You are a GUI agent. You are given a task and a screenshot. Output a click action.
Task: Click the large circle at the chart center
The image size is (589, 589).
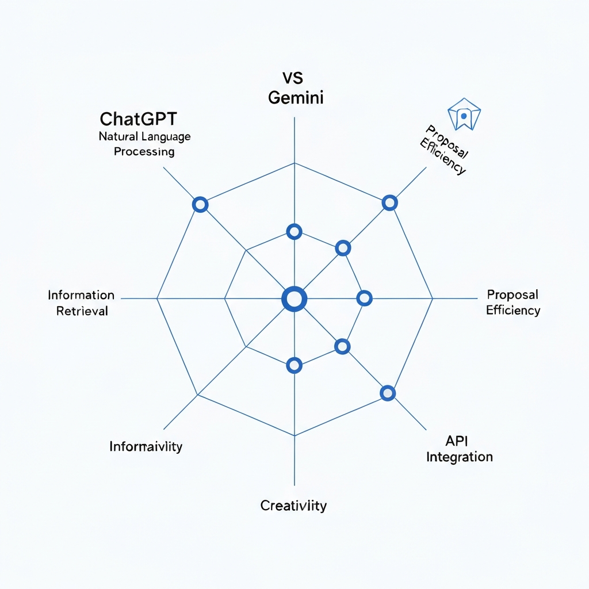(294, 299)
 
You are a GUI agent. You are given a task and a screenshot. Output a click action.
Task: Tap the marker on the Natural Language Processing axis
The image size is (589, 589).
(200, 204)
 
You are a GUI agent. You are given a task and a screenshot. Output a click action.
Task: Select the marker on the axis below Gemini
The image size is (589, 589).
(294, 232)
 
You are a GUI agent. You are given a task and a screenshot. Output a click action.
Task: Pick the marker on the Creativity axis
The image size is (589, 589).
(294, 365)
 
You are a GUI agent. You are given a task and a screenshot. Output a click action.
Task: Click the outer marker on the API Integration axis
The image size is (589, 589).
(388, 393)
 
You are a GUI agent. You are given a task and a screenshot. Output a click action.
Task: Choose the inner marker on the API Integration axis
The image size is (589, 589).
(342, 346)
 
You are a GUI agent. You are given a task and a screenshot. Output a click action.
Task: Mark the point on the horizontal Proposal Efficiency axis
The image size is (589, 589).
(364, 298)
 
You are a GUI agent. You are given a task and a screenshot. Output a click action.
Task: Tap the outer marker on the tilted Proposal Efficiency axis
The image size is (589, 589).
(389, 202)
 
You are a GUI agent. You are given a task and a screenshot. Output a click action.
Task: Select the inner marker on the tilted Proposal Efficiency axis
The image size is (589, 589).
(343, 248)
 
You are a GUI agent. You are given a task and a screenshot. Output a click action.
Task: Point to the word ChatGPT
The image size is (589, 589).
(138, 119)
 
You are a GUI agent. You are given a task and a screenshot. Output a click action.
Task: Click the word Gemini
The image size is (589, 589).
(296, 97)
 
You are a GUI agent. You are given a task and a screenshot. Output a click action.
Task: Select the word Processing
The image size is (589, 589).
(144, 152)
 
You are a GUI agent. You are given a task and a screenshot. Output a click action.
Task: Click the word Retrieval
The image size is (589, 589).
(82, 311)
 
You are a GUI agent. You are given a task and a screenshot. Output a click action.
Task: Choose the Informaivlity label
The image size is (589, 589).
(146, 446)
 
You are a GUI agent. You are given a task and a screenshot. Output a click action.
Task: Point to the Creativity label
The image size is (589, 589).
(293, 506)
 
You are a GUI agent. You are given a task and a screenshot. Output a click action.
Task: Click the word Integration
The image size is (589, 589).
(459, 457)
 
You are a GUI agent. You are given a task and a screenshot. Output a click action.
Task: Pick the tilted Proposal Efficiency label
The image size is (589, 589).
(445, 150)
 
